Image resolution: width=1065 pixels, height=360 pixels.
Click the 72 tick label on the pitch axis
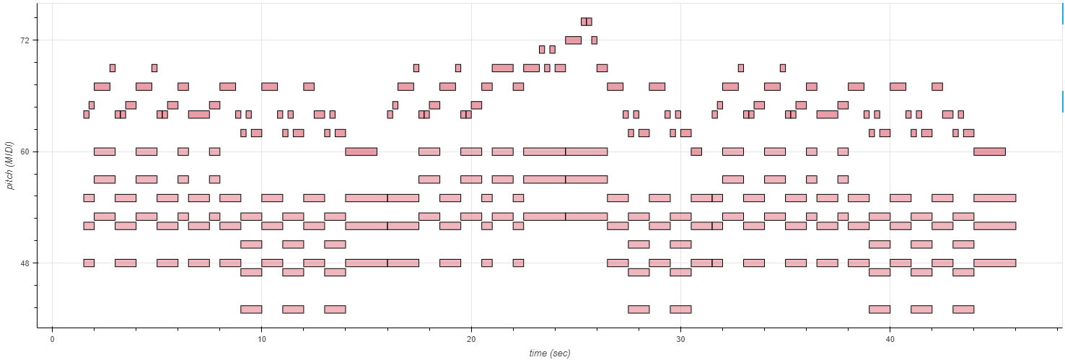[x=25, y=40]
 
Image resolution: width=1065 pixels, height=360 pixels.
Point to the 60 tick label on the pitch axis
[x=25, y=152]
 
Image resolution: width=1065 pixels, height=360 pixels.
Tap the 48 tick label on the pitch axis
[x=25, y=263]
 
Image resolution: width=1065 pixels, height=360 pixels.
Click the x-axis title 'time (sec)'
[x=549, y=353]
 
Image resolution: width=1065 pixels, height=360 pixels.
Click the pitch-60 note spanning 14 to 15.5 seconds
[x=361, y=152]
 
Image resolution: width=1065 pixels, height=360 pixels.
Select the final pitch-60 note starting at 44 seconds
[x=989, y=152]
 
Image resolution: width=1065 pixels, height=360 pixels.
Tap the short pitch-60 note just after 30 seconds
[x=696, y=152]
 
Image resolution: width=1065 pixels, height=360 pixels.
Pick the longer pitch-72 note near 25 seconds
[x=573, y=40]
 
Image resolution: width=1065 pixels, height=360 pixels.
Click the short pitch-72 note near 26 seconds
[x=594, y=40]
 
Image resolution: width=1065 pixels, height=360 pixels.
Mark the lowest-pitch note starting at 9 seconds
[x=251, y=309]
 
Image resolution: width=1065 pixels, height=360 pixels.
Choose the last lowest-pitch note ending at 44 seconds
[x=963, y=309]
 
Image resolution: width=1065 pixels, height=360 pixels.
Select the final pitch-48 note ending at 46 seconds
[x=994, y=263]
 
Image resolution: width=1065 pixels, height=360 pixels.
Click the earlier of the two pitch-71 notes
[x=542, y=50]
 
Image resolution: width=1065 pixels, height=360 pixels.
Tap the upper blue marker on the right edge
[x=1063, y=14]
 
